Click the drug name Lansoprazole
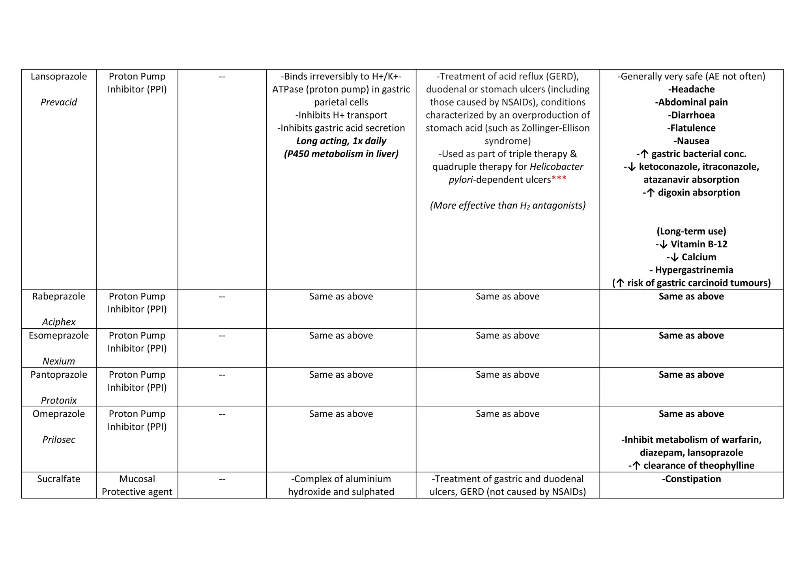click(x=59, y=77)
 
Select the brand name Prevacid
click(x=59, y=102)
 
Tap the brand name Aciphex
click(x=59, y=322)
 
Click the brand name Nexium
click(x=59, y=361)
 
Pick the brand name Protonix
click(x=59, y=400)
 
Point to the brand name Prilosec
click(x=59, y=440)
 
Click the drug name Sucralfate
click(x=59, y=479)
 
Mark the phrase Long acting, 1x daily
click(x=341, y=141)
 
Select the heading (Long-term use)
click(x=691, y=231)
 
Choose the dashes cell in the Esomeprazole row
click(x=222, y=336)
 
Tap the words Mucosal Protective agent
click(x=137, y=485)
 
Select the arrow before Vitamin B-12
click(x=663, y=245)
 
